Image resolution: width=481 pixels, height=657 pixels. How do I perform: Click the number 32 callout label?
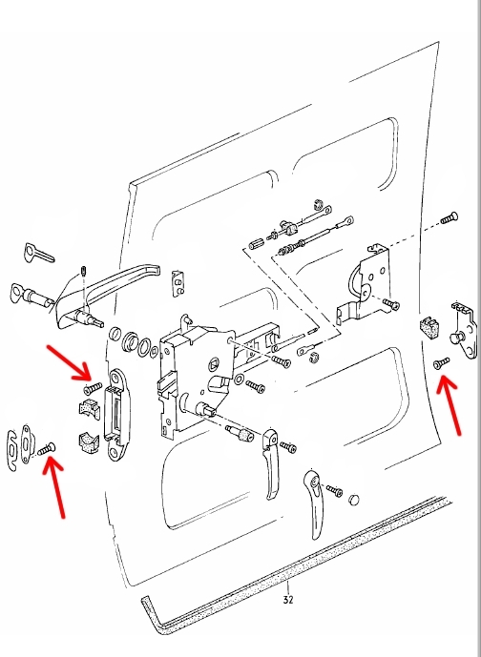coord(287,600)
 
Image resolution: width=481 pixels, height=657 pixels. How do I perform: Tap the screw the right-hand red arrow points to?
coord(442,363)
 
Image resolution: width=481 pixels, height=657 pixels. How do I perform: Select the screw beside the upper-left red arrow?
coord(93,388)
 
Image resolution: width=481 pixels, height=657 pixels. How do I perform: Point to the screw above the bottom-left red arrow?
coord(47,449)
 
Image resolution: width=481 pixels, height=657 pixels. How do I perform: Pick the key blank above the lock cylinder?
coord(38,253)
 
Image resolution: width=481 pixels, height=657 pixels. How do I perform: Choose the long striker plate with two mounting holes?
coord(116,415)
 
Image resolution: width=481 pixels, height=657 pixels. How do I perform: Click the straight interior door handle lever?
coord(270,463)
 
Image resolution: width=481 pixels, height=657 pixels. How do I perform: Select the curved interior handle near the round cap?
coord(315,503)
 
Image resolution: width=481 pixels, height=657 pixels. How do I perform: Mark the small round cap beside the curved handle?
coord(353,500)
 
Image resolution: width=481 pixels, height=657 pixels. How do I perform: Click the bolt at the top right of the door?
coord(450,217)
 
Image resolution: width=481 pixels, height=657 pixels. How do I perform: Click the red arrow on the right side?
coord(450,405)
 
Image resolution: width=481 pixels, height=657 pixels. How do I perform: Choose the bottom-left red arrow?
coord(54,487)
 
